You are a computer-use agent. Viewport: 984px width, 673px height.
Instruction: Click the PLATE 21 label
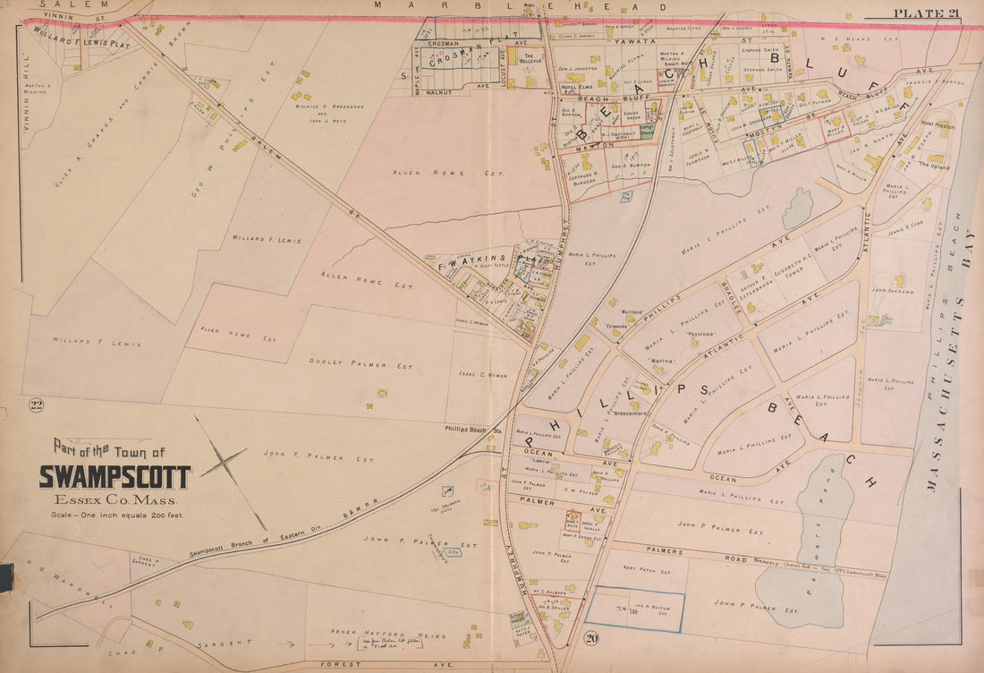(x=925, y=12)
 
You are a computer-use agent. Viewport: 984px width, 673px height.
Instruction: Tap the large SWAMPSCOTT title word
(x=115, y=477)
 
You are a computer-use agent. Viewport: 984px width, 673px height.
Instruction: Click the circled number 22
(x=37, y=407)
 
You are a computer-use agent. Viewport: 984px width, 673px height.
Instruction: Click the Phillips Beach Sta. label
(x=474, y=430)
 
